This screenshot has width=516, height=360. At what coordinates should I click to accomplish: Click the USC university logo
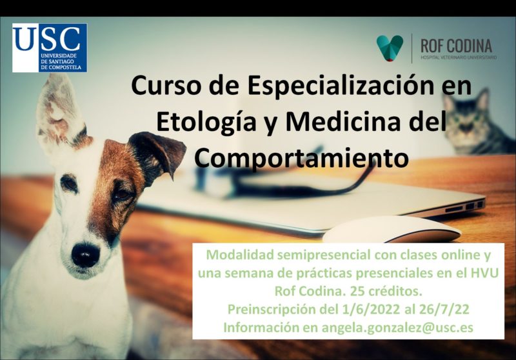[50, 48]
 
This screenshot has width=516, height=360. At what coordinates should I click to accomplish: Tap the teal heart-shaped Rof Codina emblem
[390, 48]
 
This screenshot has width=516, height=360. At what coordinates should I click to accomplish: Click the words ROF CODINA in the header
[456, 46]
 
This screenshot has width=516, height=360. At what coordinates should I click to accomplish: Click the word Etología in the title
[206, 122]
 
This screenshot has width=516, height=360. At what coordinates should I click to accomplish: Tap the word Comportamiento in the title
[301, 158]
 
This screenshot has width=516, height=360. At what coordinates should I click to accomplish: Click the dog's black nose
[86, 255]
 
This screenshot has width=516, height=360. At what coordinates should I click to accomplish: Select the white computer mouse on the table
[392, 230]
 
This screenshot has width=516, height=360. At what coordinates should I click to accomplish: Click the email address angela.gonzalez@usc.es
[397, 328]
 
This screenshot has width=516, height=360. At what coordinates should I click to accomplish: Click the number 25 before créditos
[358, 291]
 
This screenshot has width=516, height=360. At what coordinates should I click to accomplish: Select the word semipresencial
[320, 255]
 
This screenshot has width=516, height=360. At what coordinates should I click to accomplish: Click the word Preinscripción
[271, 310]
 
